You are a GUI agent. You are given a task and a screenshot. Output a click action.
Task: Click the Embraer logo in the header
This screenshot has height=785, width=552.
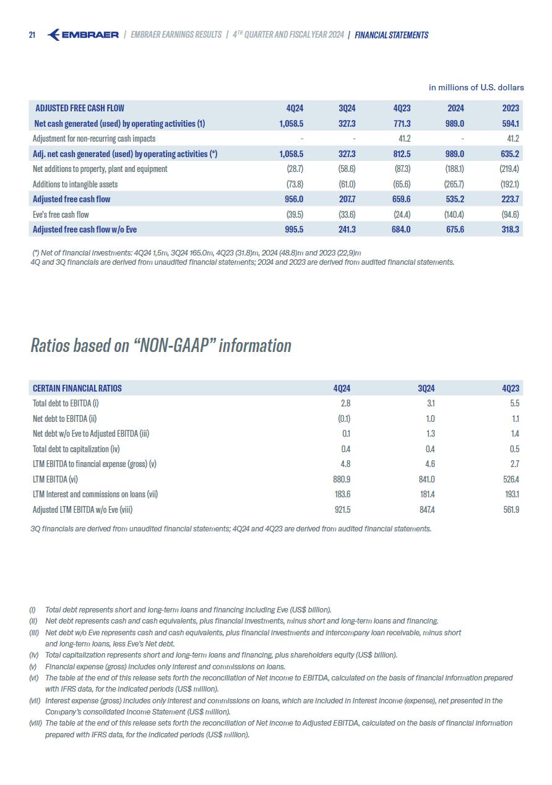click(x=83, y=35)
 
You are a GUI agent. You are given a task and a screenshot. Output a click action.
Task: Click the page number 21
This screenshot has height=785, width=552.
click(x=32, y=35)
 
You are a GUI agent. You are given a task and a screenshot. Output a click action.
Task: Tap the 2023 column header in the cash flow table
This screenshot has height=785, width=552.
click(x=511, y=108)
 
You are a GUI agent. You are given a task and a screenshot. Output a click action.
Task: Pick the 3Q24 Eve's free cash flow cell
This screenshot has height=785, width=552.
click(x=347, y=215)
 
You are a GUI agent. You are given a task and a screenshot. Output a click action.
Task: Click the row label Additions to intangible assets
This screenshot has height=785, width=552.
click(x=75, y=184)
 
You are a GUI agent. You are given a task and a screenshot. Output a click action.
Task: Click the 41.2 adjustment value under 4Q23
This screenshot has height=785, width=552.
click(x=405, y=139)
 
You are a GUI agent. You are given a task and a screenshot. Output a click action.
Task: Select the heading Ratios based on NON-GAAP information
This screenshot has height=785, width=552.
click(x=161, y=345)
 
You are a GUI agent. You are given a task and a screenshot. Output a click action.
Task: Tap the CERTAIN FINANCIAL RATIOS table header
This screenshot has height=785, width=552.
click(x=77, y=388)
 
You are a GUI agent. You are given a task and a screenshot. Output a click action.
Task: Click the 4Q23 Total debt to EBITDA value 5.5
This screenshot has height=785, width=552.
click(x=514, y=403)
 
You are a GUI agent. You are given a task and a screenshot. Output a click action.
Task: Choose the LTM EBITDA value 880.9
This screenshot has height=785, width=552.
click(x=342, y=479)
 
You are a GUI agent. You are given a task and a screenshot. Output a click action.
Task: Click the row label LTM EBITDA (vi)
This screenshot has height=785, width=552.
click(x=55, y=479)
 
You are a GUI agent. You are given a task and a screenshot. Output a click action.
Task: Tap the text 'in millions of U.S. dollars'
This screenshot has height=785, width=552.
click(x=476, y=88)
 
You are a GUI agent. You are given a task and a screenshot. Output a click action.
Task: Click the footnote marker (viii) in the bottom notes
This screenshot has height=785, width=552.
click(x=35, y=723)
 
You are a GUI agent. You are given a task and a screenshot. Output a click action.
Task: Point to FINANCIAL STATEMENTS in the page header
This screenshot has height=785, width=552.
click(x=391, y=35)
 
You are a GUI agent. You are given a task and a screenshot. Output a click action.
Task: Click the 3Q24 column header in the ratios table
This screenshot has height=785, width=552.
click(x=426, y=388)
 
